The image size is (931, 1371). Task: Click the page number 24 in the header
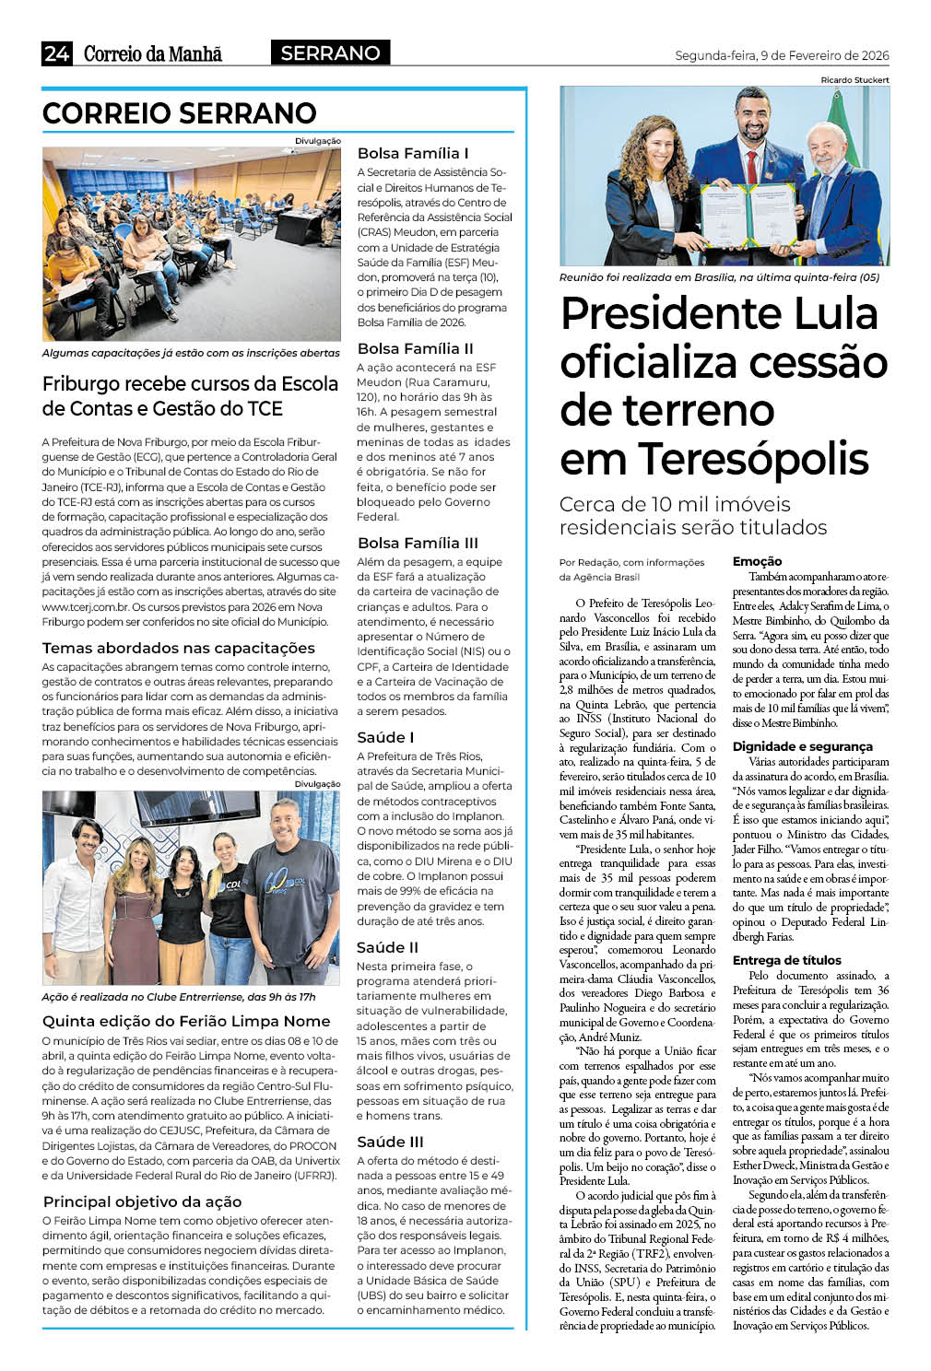click(x=56, y=53)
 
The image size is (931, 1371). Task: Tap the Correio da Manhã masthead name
click(x=153, y=53)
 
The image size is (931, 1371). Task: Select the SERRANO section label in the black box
click(x=330, y=53)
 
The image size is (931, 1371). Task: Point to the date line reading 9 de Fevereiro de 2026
click(x=782, y=55)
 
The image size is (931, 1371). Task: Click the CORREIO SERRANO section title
click(x=180, y=113)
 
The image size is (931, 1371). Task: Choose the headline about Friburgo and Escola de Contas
click(x=190, y=396)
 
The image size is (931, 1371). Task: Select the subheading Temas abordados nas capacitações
click(x=179, y=648)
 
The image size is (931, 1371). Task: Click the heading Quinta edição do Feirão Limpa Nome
click(x=186, y=1021)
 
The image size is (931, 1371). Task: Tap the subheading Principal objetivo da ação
click(x=142, y=1201)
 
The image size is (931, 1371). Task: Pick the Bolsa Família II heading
click(x=415, y=348)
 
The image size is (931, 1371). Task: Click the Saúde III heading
click(x=390, y=1142)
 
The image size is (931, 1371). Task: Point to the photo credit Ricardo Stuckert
click(x=854, y=80)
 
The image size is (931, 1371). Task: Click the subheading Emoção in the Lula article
click(x=757, y=561)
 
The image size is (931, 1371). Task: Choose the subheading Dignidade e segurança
click(x=802, y=746)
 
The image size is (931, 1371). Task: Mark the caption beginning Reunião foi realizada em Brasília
click(x=719, y=277)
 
